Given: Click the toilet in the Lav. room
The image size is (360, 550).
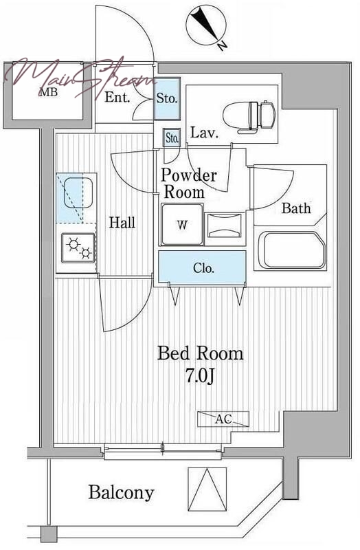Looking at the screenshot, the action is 249,117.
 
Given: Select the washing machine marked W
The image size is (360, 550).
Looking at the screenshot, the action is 182,224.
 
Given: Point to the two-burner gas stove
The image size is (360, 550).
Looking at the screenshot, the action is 78,247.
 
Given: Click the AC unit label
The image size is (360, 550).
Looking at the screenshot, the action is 223,419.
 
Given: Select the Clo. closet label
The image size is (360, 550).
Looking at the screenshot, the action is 203,268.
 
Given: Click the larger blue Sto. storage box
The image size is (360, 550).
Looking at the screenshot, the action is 167,98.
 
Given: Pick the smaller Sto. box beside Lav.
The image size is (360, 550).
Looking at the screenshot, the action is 171,137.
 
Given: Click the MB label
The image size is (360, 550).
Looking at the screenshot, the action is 48,93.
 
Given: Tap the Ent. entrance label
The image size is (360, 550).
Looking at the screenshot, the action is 117,97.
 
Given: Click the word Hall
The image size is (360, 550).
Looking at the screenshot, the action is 122,222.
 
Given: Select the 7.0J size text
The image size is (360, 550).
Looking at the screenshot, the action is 199,376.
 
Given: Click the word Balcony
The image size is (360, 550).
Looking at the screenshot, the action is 121,493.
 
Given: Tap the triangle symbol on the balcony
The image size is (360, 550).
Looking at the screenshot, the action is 207,489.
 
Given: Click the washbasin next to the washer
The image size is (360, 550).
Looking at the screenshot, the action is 225,225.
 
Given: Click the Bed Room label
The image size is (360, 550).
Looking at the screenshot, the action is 200,353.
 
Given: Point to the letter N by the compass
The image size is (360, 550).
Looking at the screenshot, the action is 222,45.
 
